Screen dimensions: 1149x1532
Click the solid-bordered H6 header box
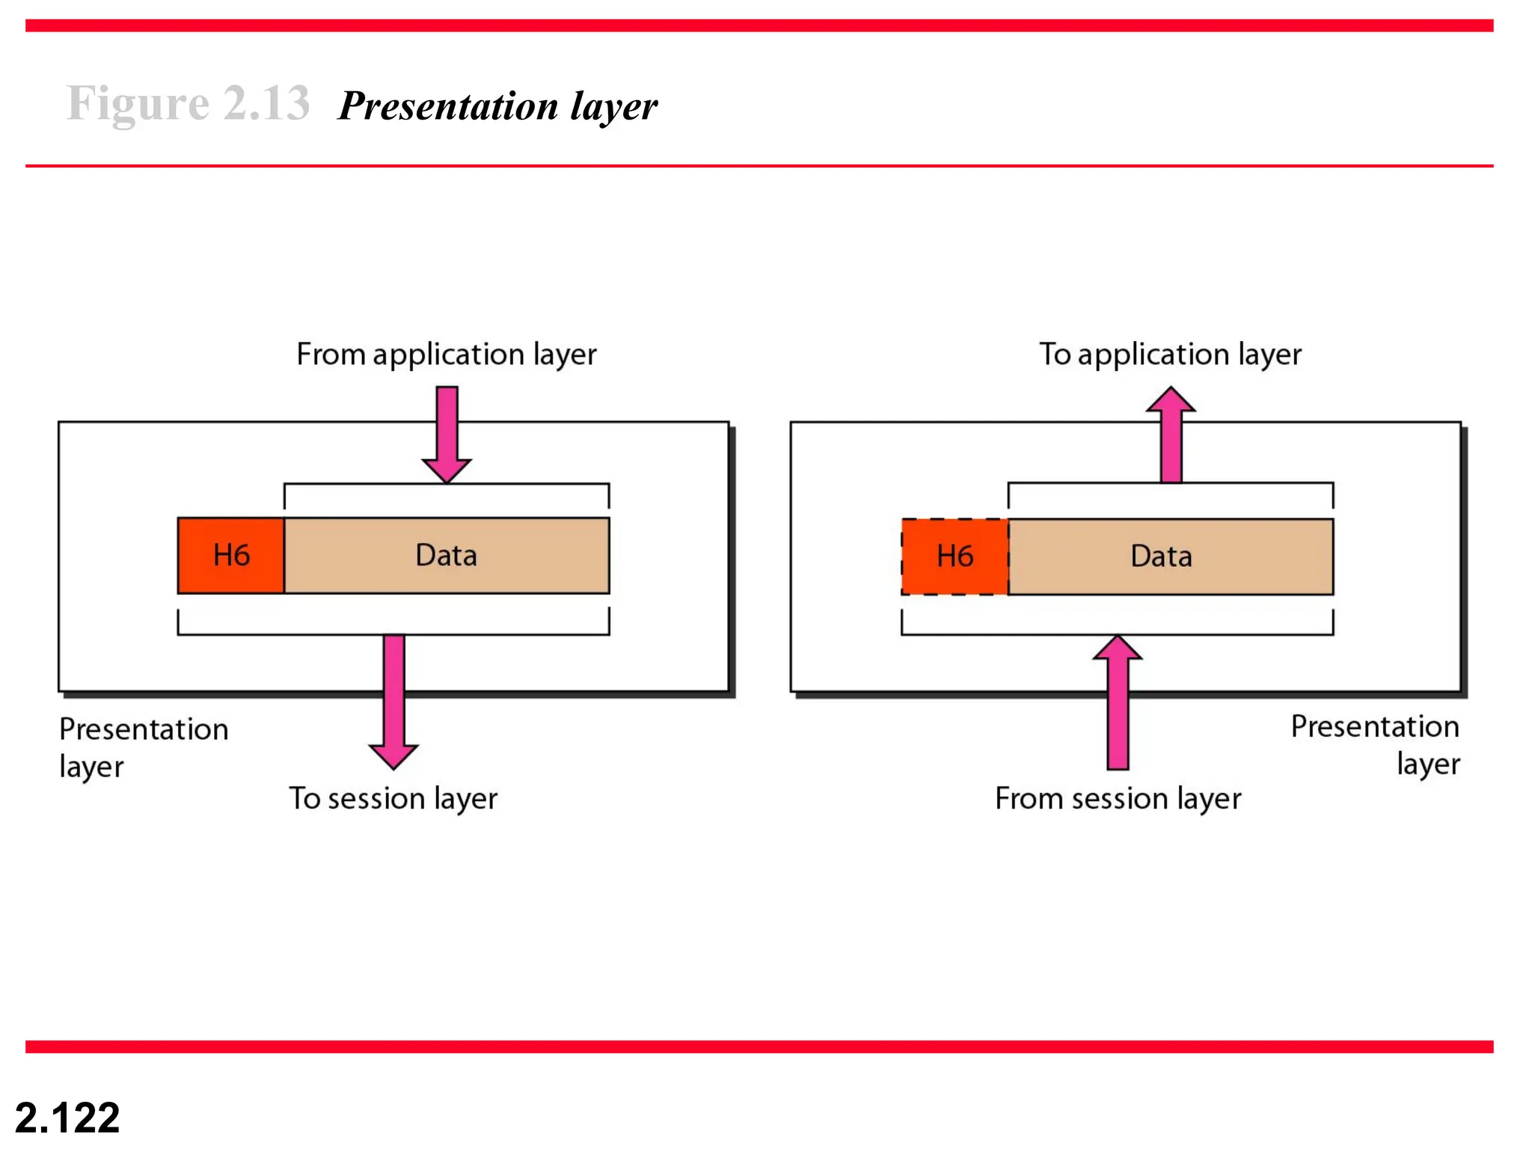click(x=230, y=556)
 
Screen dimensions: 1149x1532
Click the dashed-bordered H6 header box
click(x=955, y=557)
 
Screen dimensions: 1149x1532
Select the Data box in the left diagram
click(x=447, y=556)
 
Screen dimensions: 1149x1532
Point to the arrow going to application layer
click(x=1171, y=438)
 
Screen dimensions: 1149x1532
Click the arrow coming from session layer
click(x=1118, y=703)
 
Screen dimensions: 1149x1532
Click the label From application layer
click(x=447, y=355)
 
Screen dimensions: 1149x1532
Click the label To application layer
click(x=1170, y=355)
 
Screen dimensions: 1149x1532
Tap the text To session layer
click(x=393, y=799)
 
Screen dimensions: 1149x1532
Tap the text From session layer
click(x=1118, y=799)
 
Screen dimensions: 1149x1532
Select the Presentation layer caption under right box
click(x=1375, y=744)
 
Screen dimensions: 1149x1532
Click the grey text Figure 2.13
click(x=188, y=103)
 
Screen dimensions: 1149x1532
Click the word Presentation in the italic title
click(x=449, y=106)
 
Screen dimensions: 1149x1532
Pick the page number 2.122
click(x=67, y=1118)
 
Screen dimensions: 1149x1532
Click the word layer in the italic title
click(x=613, y=106)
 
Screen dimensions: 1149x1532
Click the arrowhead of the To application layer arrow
click(x=1171, y=400)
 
